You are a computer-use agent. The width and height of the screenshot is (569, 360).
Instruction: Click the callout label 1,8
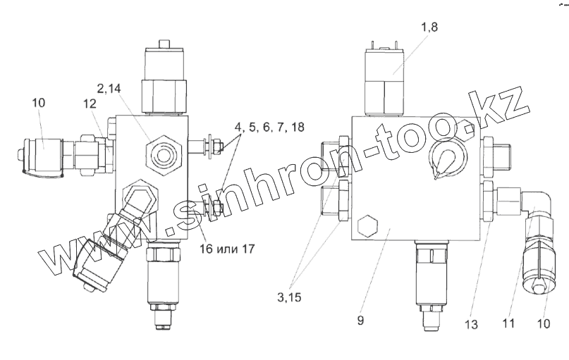[429, 27]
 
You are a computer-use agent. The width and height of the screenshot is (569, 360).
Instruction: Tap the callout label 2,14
[109, 89]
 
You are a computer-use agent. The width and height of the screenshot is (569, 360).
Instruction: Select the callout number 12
[90, 104]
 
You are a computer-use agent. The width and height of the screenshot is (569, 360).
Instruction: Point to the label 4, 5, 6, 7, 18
[269, 127]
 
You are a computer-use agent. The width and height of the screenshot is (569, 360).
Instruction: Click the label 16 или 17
[227, 249]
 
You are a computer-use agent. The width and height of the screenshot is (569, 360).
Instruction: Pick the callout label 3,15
[289, 297]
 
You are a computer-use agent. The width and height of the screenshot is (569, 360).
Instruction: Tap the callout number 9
[360, 320]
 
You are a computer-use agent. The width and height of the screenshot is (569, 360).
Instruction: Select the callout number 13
[472, 324]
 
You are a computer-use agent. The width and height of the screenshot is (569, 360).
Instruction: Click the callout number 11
[508, 323]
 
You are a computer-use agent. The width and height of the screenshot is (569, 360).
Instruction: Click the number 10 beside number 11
[544, 323]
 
